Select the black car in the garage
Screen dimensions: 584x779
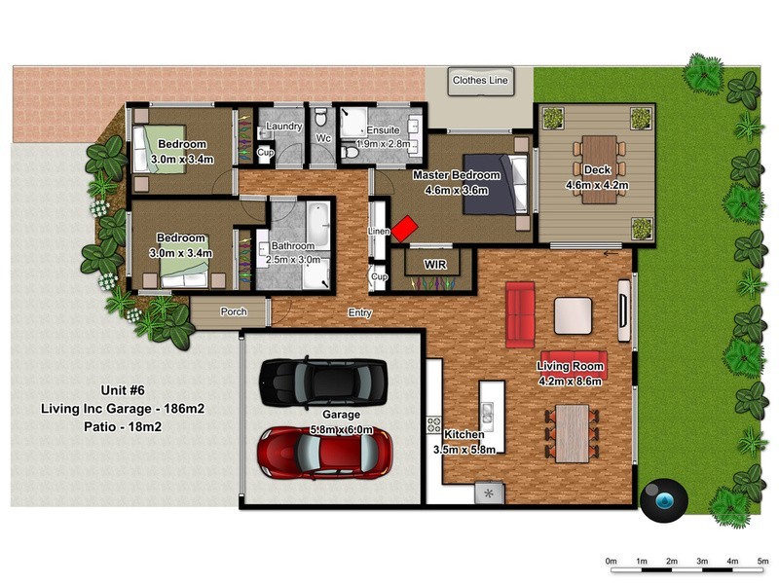pos(322,382)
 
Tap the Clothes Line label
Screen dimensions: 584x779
pos(480,83)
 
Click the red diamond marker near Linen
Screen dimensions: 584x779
pos(404,229)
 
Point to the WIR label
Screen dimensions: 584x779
pos(434,264)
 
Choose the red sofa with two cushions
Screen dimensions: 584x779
pos(520,314)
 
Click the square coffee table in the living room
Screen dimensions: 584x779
pos(573,315)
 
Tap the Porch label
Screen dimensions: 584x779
pos(234,312)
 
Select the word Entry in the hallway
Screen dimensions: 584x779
pos(360,312)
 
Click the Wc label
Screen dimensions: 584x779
pos(324,138)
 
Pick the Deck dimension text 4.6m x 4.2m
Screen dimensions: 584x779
pos(596,185)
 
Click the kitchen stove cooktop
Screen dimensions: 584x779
pos(434,425)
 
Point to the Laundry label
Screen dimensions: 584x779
pos(283,127)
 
